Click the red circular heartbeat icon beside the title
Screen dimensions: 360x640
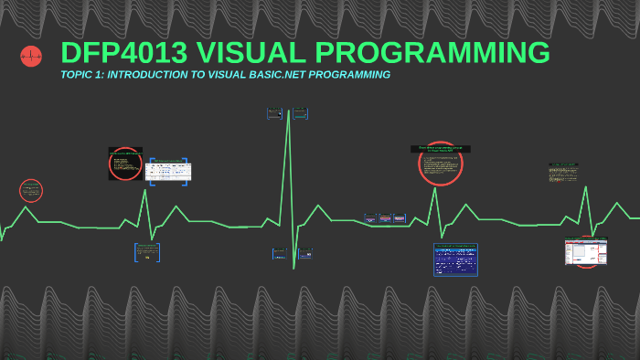(x=31, y=57)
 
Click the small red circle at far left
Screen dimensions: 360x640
(x=31, y=191)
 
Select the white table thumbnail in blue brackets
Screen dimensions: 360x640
(x=169, y=171)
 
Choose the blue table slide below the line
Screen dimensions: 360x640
(x=455, y=259)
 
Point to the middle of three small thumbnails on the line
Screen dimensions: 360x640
(x=386, y=218)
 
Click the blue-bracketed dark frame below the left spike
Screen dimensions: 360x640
(x=147, y=252)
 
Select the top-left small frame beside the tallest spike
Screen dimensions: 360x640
(x=274, y=113)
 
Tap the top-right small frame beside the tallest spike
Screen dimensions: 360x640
(x=300, y=113)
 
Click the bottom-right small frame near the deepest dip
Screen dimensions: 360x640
(x=304, y=253)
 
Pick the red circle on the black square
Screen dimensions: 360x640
(x=125, y=164)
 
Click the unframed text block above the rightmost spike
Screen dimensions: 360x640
(x=563, y=172)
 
